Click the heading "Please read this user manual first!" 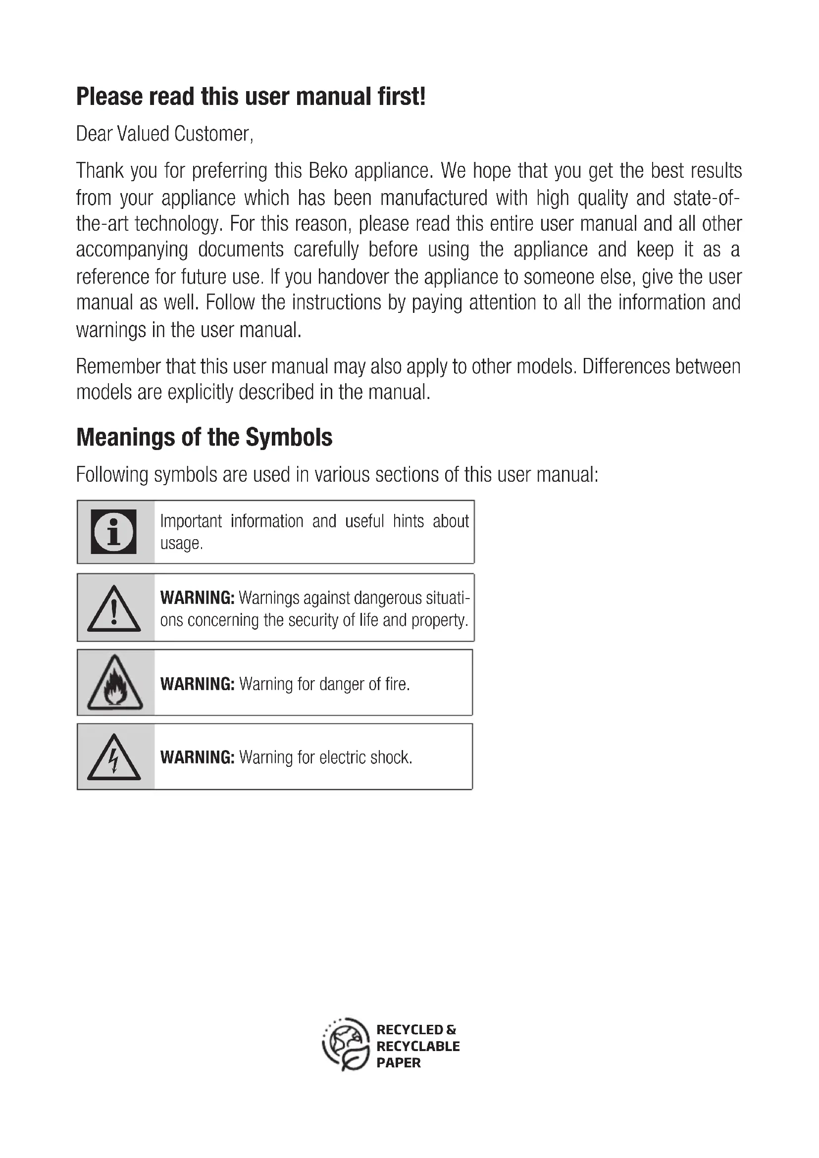point(251,97)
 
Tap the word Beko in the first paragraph point(328,171)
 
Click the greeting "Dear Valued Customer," point(164,134)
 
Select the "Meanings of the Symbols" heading point(204,437)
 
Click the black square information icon point(113,532)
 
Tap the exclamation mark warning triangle point(114,609)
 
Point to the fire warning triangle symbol point(115,683)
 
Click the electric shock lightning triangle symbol point(114,757)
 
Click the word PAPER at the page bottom point(399,1062)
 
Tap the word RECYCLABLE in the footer point(418,1047)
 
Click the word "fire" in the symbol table point(397,684)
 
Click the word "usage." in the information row point(182,544)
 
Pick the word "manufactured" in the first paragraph point(434,198)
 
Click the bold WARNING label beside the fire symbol point(197,684)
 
